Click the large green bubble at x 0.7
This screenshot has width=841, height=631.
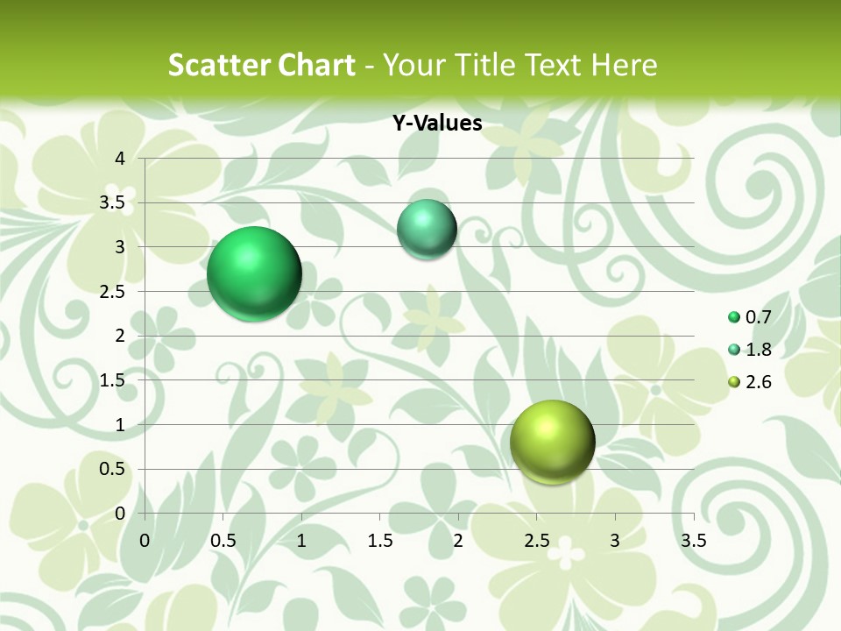pyautogui.click(x=254, y=273)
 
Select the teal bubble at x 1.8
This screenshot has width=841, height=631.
pyautogui.click(x=427, y=230)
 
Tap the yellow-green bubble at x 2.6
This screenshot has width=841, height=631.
pyautogui.click(x=552, y=442)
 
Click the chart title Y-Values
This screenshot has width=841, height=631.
pyautogui.click(x=437, y=124)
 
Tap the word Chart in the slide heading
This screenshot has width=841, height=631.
pyautogui.click(x=317, y=65)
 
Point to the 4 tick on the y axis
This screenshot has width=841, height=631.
pyautogui.click(x=119, y=159)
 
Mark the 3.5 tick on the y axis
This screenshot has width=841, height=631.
pyautogui.click(x=112, y=203)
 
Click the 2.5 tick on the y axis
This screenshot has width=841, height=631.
pyautogui.click(x=112, y=292)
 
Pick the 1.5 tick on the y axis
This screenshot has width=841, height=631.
pyautogui.click(x=112, y=380)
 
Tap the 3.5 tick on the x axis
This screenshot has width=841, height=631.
pyautogui.click(x=693, y=540)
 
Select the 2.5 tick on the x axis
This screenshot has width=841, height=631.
pyautogui.click(x=536, y=540)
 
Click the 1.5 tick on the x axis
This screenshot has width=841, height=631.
pyautogui.click(x=379, y=540)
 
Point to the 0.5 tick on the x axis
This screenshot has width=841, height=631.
pyautogui.click(x=223, y=540)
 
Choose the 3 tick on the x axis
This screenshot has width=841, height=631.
pyautogui.click(x=615, y=540)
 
